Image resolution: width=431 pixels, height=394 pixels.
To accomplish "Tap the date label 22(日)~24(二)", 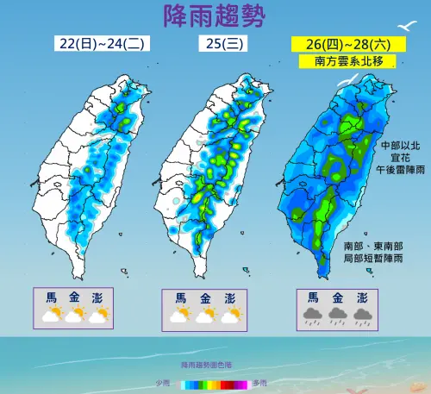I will [91, 45].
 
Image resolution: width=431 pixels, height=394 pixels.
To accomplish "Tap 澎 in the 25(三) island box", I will [230, 297].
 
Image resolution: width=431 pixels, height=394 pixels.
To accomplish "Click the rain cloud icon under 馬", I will [309, 316].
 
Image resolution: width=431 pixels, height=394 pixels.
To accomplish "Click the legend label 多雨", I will [260, 382].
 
